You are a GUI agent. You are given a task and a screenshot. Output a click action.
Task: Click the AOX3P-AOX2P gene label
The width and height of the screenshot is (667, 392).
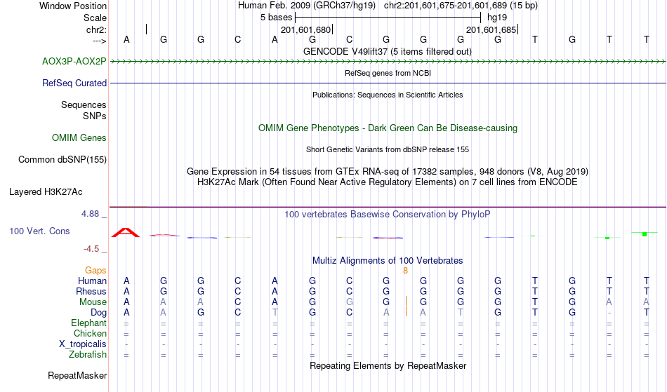74,61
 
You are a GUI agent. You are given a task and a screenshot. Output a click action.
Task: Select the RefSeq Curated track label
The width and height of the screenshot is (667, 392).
74,83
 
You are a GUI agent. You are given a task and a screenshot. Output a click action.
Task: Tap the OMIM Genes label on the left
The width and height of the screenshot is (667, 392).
79,137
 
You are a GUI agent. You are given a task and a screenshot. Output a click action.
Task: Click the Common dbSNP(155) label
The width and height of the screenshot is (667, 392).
62,159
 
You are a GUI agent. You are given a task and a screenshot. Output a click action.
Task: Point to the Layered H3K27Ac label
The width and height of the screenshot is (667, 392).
46,191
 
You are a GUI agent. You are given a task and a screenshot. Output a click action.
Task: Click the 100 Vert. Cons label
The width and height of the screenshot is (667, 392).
39,231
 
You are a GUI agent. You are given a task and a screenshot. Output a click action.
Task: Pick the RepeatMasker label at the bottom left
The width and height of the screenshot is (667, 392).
77,375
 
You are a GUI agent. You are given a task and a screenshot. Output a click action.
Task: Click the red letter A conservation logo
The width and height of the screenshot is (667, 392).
126,232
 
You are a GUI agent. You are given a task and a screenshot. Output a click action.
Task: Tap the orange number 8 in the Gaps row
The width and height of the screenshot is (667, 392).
405,271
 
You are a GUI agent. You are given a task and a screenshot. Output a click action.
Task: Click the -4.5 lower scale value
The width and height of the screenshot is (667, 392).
91,248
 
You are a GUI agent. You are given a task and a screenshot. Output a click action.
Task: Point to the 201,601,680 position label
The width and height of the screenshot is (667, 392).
305,29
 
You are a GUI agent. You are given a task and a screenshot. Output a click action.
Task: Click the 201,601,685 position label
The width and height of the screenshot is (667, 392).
491,29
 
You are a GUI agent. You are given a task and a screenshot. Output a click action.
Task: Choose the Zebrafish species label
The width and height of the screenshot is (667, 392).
88,354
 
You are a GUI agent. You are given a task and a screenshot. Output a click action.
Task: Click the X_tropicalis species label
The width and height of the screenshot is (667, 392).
83,344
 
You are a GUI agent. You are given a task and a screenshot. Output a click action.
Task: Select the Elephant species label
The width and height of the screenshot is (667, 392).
88,323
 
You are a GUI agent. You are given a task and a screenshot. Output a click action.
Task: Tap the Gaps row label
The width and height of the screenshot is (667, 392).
95,270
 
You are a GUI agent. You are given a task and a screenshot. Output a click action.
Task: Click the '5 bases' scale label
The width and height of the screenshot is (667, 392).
277,18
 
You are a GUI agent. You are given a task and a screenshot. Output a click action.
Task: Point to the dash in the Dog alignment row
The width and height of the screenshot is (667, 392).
609,313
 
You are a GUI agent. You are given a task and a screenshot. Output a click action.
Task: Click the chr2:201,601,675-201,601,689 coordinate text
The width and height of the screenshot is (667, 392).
461,6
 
